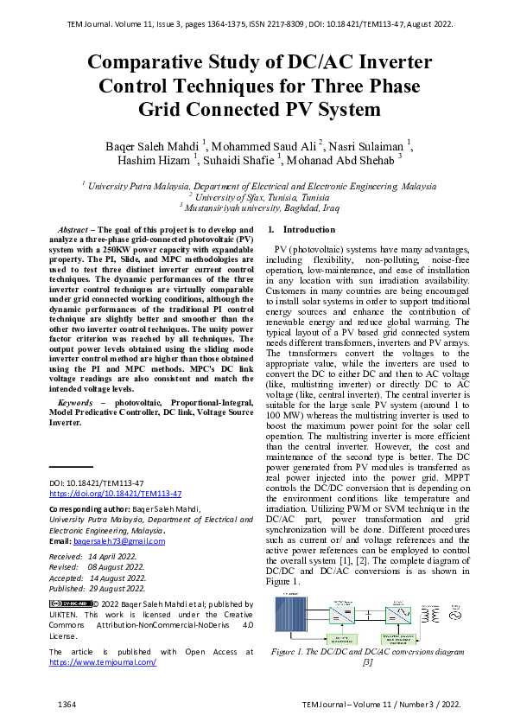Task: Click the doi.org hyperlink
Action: [115, 493]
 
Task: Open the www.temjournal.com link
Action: [103, 661]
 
